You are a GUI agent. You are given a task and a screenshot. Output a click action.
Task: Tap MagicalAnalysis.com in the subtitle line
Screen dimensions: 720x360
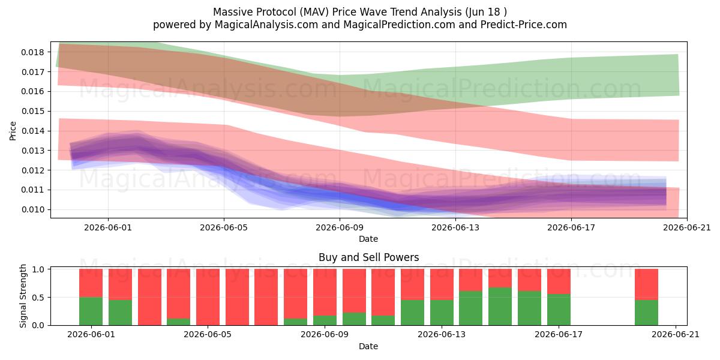click(266, 25)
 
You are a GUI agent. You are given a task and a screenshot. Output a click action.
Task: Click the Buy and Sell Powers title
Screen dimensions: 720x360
click(368, 257)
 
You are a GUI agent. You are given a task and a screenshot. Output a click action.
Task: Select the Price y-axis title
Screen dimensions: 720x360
click(13, 131)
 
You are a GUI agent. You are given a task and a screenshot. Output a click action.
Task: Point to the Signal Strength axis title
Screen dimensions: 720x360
click(23, 296)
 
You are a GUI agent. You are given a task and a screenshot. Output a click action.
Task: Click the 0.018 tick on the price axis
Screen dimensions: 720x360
click(32, 52)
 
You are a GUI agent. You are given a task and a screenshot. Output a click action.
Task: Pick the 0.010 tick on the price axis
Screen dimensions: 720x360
click(32, 209)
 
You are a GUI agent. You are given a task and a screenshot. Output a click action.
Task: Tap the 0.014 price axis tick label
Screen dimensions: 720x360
click(32, 131)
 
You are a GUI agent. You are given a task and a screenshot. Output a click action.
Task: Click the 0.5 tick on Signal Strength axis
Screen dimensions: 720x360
click(38, 298)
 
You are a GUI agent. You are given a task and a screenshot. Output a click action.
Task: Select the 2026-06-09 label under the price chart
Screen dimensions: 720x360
click(340, 227)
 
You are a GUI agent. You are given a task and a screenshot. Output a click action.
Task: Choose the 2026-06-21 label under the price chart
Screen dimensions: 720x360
click(687, 227)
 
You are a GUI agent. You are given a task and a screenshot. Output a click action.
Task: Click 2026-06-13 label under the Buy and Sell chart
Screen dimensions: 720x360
click(442, 334)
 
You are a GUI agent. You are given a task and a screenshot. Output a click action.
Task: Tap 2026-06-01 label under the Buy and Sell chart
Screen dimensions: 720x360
click(91, 334)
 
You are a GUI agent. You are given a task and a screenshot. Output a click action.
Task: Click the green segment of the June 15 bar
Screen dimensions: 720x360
click(500, 307)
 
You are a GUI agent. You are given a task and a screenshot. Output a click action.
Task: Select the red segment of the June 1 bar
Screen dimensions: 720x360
click(91, 283)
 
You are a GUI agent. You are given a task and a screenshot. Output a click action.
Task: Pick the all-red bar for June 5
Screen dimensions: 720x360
click(208, 297)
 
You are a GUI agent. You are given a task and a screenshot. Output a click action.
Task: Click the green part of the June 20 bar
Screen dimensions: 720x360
click(646, 313)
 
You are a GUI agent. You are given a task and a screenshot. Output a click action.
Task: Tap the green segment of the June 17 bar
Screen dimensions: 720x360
click(559, 310)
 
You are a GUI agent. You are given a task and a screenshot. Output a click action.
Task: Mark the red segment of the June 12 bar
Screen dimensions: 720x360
click(412, 284)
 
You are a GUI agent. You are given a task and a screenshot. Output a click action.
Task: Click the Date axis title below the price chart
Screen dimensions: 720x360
click(368, 239)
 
